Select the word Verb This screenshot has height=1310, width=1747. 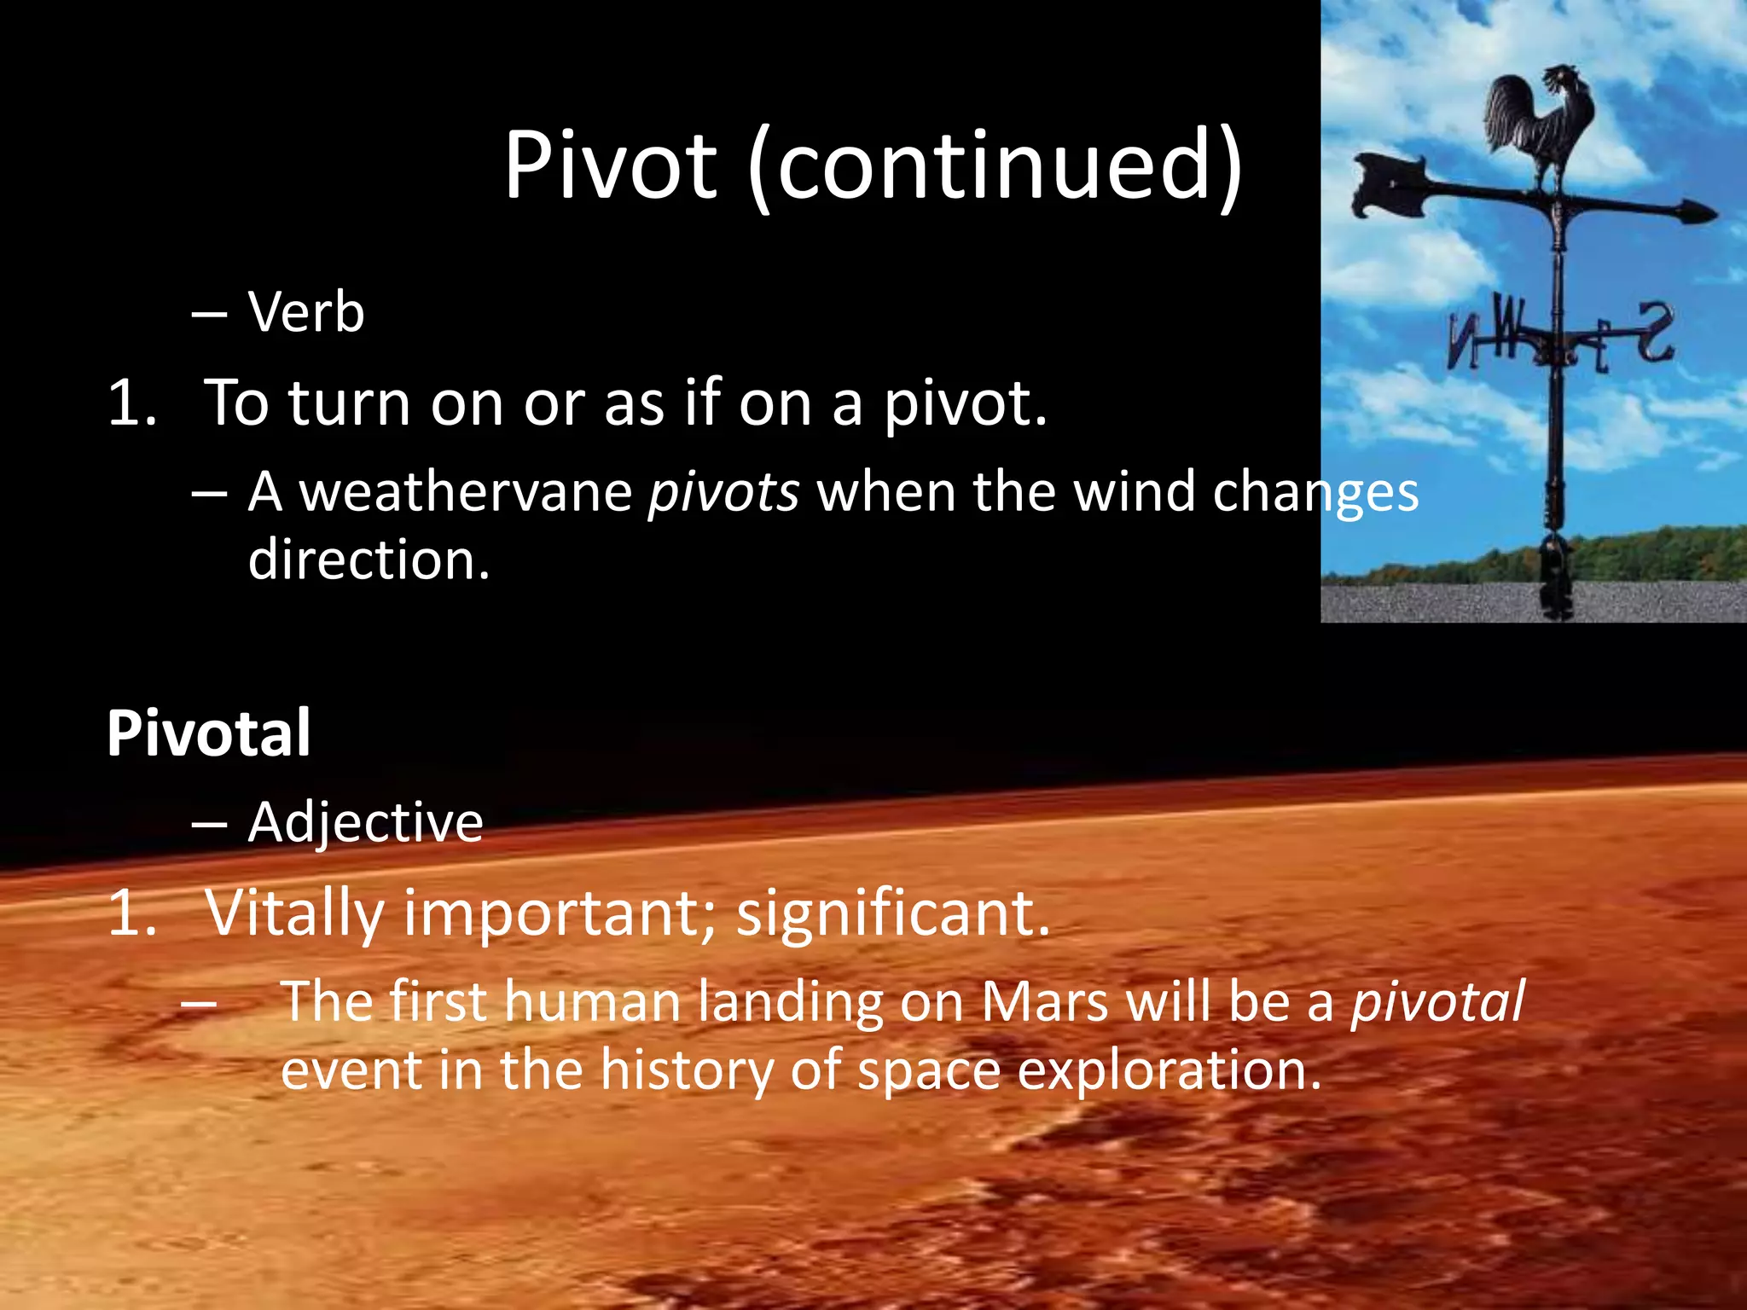point(306,312)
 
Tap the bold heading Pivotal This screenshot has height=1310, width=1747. point(208,733)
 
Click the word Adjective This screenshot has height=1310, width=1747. point(365,822)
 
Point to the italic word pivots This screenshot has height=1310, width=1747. point(723,493)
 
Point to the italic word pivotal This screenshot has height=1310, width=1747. point(1437,1001)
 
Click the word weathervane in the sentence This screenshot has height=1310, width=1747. point(466,493)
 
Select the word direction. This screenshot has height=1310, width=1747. point(369,560)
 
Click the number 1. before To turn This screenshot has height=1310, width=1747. point(133,403)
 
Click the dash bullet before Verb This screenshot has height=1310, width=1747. point(209,314)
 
